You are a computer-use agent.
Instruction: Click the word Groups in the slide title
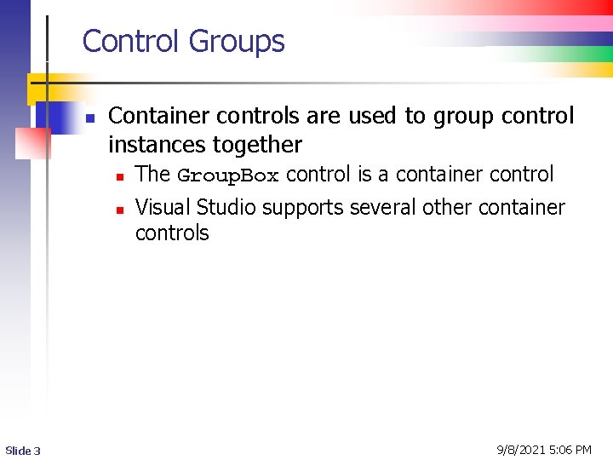point(237,42)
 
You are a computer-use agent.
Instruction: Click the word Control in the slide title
point(132,41)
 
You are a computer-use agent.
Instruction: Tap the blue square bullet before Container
point(89,118)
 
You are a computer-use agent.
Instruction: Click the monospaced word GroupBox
point(227,175)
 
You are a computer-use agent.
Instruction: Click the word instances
point(156,145)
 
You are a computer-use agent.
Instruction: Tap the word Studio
point(226,207)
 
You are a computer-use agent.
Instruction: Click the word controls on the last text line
point(172,233)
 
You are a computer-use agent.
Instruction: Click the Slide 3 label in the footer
point(23,450)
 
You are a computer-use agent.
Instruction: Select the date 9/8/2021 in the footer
point(522,449)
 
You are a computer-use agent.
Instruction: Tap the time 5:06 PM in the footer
point(572,449)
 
